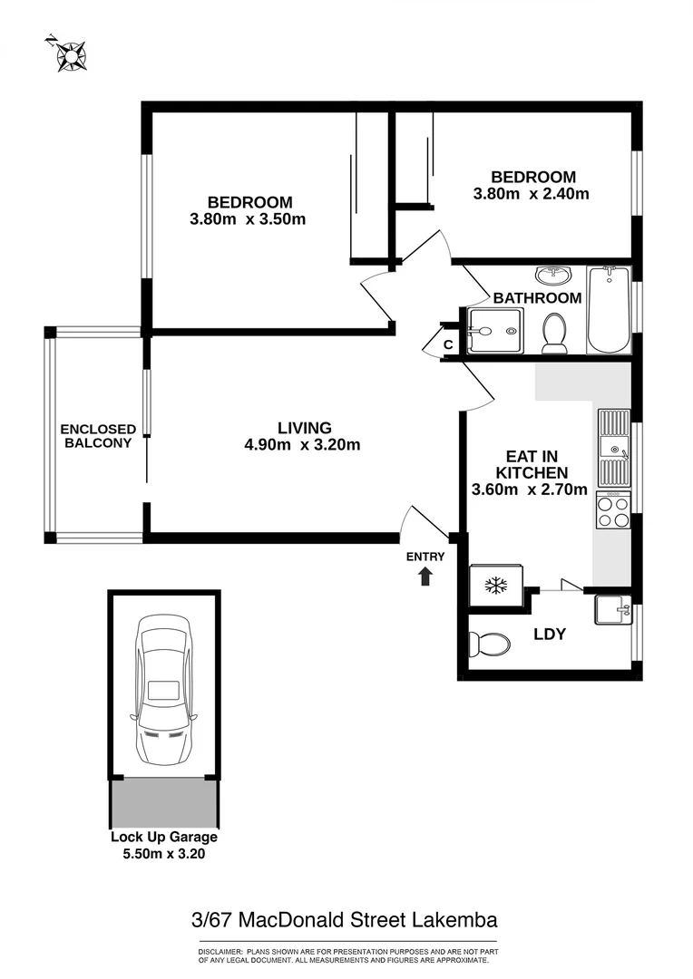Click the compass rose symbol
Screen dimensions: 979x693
coord(68,54)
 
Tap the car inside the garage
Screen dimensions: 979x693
coord(164,690)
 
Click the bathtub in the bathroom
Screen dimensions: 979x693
coord(608,310)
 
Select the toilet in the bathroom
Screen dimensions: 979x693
coord(553,333)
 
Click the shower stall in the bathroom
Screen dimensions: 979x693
coord(495,331)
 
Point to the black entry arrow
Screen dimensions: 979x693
coord(426,576)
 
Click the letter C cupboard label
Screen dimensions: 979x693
coord(448,344)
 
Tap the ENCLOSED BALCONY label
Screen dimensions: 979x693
coord(98,436)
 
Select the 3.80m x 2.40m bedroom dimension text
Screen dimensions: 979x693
coord(532,193)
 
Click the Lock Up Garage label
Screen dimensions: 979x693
coord(164,838)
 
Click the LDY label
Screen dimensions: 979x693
coord(550,635)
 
